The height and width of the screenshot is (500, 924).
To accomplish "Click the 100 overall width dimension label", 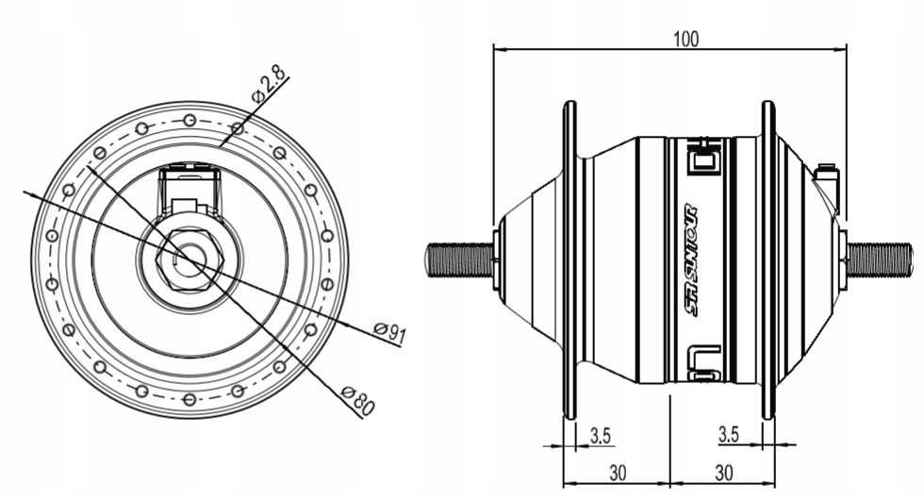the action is [x=686, y=39].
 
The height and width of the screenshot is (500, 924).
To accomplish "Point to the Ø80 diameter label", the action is [x=358, y=400].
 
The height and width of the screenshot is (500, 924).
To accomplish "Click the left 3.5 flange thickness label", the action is [x=601, y=436].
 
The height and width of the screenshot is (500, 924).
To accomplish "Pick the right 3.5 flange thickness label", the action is [x=728, y=435].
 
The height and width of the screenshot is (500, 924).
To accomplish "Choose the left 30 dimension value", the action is [x=618, y=473].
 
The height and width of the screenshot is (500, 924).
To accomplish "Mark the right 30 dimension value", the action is [x=724, y=473].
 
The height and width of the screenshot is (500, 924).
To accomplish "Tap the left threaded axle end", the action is [x=460, y=260].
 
